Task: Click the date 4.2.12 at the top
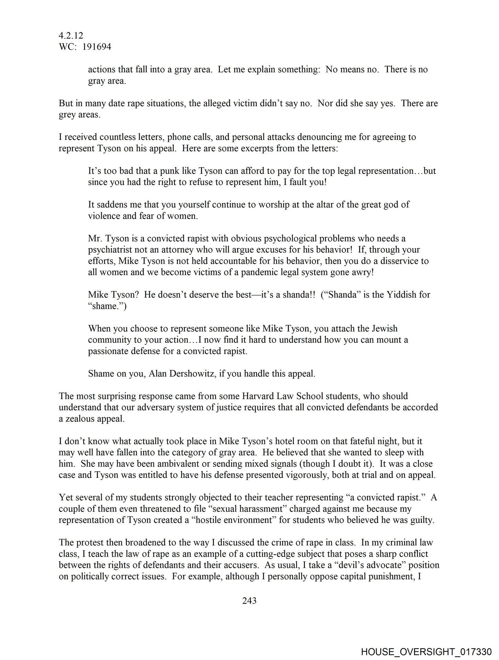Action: click(x=71, y=35)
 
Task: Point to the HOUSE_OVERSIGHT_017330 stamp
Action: click(x=426, y=651)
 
